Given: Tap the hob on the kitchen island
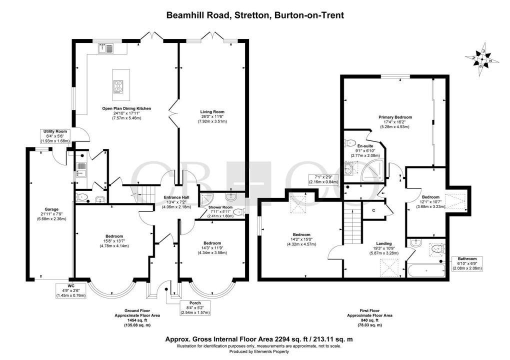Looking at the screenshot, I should tap(118, 86).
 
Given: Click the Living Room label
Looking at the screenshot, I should tap(212, 112).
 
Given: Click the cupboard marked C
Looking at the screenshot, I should tap(373, 210).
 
